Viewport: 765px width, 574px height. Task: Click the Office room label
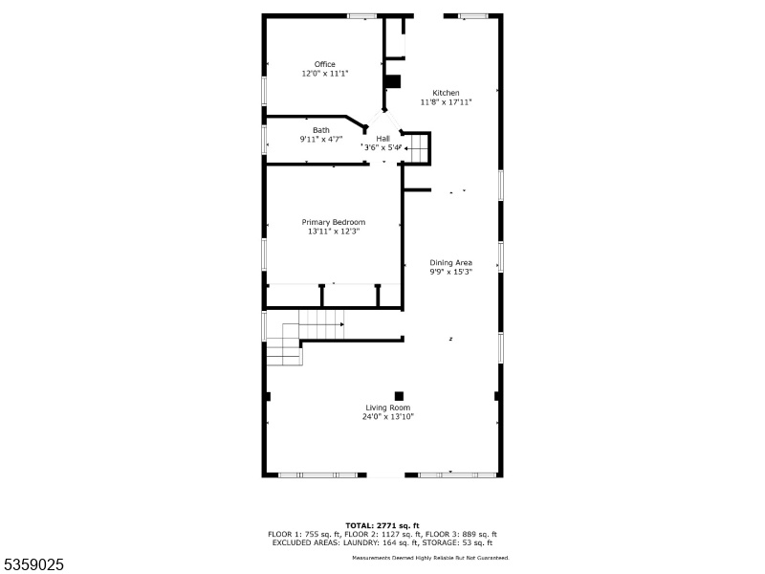325,64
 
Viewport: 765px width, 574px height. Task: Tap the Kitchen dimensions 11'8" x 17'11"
446,102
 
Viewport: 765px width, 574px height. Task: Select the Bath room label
321,130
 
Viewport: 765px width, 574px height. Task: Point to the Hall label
383,139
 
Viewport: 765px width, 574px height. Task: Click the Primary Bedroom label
334,222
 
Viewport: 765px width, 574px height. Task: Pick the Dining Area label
450,262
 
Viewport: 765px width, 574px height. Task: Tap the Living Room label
388,408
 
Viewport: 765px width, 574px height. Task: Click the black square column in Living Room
399,396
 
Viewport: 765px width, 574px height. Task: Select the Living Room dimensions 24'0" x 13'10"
388,417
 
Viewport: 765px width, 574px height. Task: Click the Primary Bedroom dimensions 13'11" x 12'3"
334,232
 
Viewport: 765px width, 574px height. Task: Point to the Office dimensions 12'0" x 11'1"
325,74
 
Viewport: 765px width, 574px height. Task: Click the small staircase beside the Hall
419,148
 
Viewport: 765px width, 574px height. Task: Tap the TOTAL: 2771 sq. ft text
382,525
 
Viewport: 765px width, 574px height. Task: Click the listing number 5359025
33,564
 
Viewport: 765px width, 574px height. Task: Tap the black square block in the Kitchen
393,81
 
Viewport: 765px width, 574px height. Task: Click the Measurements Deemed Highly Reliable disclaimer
431,558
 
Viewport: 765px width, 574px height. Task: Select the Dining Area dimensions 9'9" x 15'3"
450,272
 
